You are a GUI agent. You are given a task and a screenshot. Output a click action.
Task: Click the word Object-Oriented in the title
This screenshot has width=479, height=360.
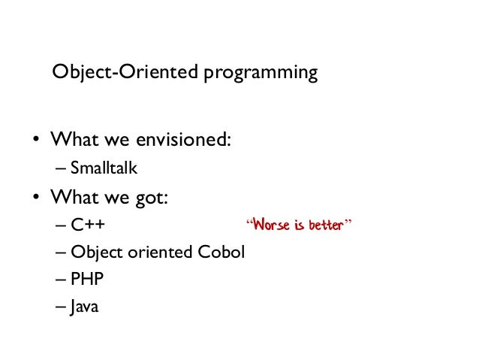click(102, 73)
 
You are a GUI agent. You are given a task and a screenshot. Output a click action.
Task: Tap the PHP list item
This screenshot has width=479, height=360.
click(89, 279)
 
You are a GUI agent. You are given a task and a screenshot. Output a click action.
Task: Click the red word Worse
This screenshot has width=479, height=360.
click(271, 225)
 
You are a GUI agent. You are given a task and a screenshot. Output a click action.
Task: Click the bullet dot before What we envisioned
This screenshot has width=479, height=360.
click(35, 141)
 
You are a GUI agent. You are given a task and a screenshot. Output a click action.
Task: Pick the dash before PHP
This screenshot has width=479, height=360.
click(60, 279)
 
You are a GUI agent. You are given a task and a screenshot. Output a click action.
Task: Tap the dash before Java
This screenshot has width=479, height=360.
click(60, 307)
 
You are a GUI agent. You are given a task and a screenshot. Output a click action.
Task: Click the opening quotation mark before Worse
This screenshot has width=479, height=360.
click(250, 222)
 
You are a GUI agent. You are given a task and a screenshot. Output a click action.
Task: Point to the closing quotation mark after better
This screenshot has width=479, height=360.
click(348, 222)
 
